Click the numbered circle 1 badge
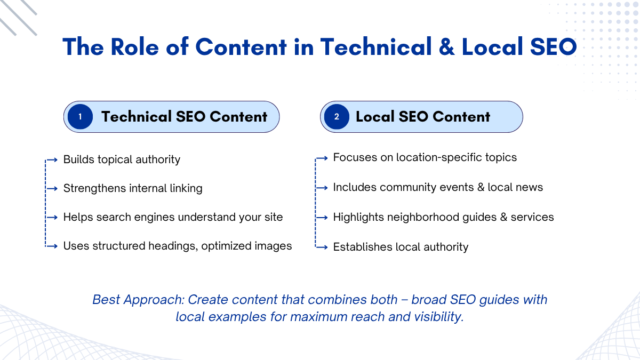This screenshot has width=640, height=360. [x=81, y=117]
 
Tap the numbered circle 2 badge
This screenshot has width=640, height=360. [x=337, y=117]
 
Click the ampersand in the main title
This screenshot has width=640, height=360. [x=446, y=47]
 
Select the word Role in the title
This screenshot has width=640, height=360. [x=134, y=47]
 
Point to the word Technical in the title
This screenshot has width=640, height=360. [x=376, y=47]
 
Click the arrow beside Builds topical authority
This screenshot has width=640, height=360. [x=52, y=159]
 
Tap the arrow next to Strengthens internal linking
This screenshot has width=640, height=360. [x=52, y=189]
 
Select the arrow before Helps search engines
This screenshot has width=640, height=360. [x=52, y=218]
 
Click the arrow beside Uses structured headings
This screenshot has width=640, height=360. [x=52, y=246]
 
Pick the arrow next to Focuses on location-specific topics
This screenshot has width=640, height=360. [x=322, y=158]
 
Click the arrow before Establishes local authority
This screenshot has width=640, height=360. [x=322, y=247]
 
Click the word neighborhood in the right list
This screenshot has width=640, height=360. [x=423, y=217]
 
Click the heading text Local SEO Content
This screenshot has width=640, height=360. [x=423, y=117]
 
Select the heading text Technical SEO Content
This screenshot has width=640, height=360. [x=185, y=117]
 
